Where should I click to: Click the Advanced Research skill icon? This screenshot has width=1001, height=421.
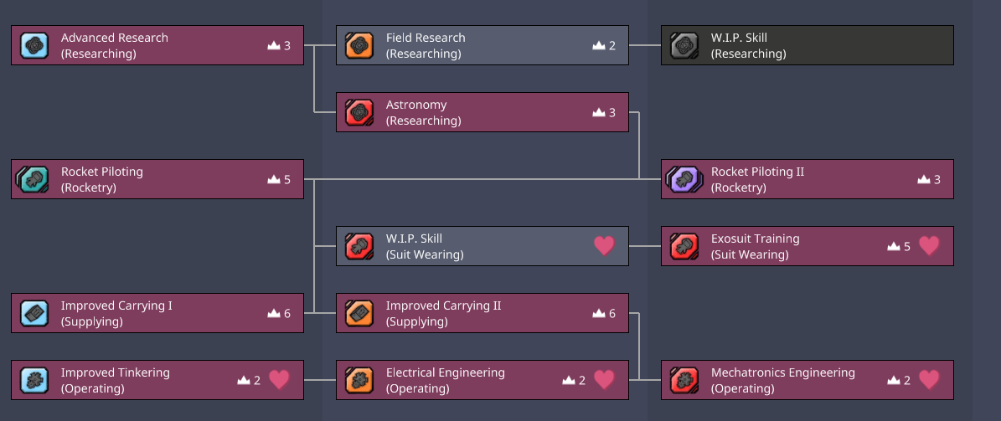coord(34,45)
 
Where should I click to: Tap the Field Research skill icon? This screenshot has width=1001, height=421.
coord(359,45)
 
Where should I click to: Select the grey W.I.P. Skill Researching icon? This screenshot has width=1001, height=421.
coord(684,45)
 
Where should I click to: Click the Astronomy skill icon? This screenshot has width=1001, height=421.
coord(359,112)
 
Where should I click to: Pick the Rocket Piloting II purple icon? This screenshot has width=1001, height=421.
coord(684,179)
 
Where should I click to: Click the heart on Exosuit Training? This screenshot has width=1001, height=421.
coord(929,246)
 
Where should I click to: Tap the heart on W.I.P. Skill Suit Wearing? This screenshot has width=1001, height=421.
coord(604,246)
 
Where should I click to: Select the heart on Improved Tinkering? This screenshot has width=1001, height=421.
coord(279,380)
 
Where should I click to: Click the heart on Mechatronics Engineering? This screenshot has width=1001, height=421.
coord(929,380)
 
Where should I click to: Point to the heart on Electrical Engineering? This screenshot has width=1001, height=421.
coord(604,380)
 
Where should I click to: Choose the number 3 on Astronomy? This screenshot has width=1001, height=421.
coord(612,112)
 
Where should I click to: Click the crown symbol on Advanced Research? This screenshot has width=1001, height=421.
coord(273,45)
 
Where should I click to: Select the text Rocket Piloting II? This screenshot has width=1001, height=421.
coord(757,172)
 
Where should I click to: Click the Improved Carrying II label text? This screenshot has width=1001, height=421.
coord(443,305)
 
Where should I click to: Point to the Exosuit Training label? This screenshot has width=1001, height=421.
coord(755,239)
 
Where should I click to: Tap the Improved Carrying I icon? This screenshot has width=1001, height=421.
coord(34,313)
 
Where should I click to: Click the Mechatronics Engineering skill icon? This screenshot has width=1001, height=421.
coord(684,380)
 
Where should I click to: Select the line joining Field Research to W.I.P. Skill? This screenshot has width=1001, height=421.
coord(644,45)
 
